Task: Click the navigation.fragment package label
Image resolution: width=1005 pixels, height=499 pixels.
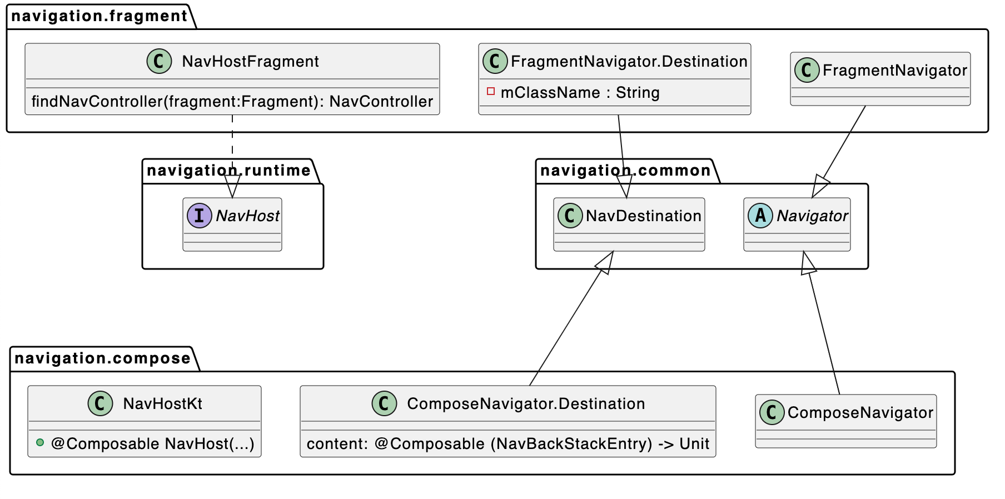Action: (99, 16)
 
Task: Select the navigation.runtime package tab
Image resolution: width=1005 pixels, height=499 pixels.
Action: (228, 171)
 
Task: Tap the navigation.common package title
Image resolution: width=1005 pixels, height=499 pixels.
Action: (625, 171)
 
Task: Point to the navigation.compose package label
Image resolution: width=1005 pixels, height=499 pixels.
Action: (103, 358)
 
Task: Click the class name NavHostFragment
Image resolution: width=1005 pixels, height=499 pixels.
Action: (250, 61)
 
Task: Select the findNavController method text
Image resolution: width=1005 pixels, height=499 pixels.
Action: (232, 101)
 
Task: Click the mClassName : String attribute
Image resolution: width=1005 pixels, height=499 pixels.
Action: (580, 92)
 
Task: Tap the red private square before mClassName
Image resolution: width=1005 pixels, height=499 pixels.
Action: (491, 91)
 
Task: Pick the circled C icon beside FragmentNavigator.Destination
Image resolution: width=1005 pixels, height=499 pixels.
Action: (495, 61)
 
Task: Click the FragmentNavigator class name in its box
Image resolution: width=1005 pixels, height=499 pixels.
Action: (895, 70)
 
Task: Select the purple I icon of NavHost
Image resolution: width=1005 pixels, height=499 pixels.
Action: (199, 216)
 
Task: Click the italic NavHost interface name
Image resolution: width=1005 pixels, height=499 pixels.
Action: (248, 216)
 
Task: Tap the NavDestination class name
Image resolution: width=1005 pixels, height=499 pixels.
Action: (644, 216)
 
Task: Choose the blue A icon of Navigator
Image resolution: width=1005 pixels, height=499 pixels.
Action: (760, 216)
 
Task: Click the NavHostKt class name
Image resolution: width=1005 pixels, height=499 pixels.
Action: (162, 403)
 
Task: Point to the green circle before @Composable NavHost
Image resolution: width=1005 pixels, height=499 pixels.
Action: (40, 443)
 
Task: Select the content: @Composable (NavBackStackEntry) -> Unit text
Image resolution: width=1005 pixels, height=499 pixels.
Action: (508, 443)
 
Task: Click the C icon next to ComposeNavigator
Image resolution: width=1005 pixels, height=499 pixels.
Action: (772, 412)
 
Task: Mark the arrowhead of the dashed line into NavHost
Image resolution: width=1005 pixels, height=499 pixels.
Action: (232, 186)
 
